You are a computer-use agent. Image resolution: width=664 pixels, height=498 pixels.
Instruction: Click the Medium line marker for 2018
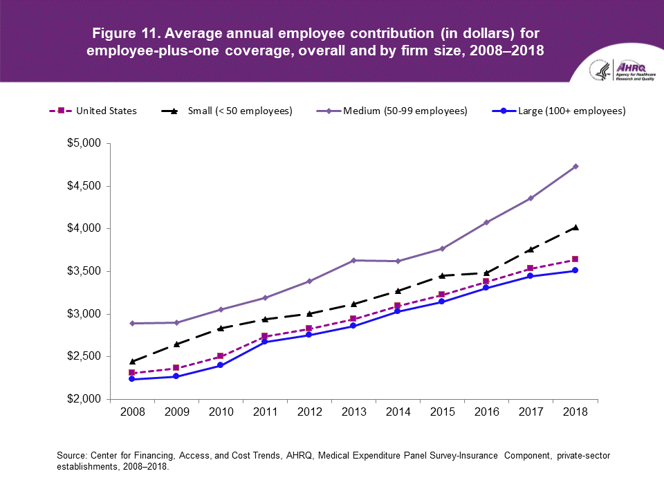pos(575,166)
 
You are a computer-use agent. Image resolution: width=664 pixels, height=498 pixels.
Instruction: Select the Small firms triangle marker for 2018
pos(575,227)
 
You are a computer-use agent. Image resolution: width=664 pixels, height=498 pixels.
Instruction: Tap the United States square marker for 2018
pos(575,259)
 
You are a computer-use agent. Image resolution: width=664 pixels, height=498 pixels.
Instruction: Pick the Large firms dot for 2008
pos(132,379)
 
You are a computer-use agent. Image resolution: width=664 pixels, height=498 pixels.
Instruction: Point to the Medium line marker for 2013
pos(353,260)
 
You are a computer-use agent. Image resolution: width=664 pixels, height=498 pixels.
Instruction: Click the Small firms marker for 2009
pos(176,344)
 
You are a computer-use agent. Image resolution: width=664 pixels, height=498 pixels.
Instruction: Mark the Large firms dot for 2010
pos(221,365)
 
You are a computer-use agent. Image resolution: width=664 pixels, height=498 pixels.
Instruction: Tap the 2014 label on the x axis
pos(398,412)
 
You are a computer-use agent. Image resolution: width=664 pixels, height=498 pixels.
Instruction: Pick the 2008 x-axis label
pos(132,412)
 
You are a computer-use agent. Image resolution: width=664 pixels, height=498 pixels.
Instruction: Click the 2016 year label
pos(486,412)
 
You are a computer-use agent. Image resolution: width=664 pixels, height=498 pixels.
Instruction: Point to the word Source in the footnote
pos(70,456)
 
